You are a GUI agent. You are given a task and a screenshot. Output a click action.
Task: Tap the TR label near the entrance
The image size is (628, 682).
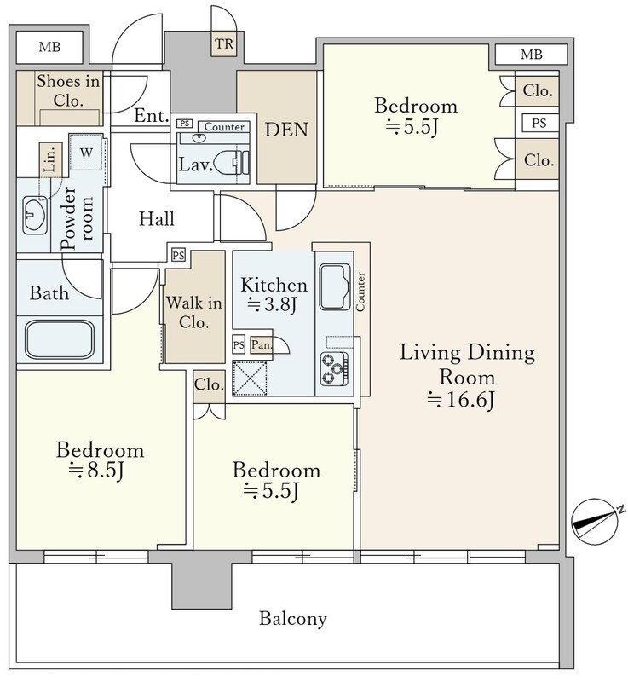pyautogui.click(x=224, y=44)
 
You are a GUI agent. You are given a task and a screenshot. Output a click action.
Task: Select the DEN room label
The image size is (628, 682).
pyautogui.click(x=286, y=130)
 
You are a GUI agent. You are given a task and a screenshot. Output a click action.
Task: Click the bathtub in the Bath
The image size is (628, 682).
pyautogui.click(x=60, y=339)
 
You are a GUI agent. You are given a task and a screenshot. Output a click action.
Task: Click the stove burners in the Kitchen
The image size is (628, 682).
pyautogui.click(x=334, y=369)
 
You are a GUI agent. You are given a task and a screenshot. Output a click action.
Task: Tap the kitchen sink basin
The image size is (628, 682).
pyautogui.click(x=335, y=286)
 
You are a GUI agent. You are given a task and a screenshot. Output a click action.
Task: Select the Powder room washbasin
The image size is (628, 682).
pyautogui.click(x=35, y=215)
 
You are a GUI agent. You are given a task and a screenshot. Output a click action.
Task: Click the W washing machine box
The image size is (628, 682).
pyautogui.click(x=86, y=153)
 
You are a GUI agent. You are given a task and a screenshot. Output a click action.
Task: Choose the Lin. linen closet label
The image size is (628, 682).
pyautogui.click(x=50, y=159)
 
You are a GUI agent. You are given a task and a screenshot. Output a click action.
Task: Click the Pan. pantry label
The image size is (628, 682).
pyautogui.click(x=262, y=345)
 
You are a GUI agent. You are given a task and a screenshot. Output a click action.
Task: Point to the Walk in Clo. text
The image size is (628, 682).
pyautogui.click(x=193, y=312)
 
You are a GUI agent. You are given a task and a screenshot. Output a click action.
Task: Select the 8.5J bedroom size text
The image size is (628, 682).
pyautogui.click(x=97, y=470)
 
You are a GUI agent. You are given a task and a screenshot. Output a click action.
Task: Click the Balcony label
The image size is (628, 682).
pyautogui.click(x=293, y=618)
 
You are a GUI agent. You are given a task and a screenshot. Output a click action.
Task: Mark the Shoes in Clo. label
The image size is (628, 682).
pyautogui.click(x=68, y=91)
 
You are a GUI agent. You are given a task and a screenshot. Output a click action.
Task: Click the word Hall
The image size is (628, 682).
pyautogui.click(x=157, y=219)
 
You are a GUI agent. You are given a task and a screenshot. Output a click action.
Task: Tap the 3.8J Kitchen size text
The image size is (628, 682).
pyautogui.click(x=272, y=304)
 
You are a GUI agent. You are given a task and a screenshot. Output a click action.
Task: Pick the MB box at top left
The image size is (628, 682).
pyautogui.click(x=49, y=47)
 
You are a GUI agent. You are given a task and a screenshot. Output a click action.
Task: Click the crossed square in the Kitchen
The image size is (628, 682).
pyautogui.click(x=250, y=378)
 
